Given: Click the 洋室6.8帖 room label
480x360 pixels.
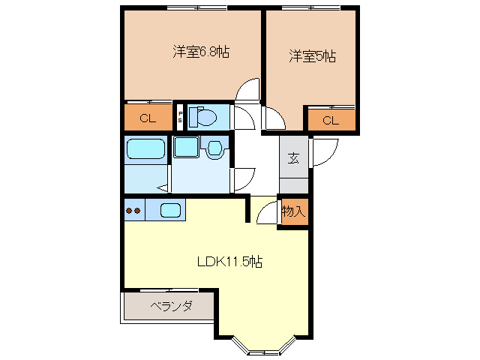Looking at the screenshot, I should [x=201, y=52].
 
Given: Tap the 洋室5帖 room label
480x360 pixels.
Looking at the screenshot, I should [x=312, y=55].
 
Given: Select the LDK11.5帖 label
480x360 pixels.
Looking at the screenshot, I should [x=229, y=262].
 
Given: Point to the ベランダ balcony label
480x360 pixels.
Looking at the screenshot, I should [x=171, y=307].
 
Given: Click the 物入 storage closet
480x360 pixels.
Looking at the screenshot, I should [x=293, y=212].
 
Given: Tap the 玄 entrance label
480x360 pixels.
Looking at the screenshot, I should [x=293, y=157].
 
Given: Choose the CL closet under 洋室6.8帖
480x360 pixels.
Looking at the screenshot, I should [x=147, y=118].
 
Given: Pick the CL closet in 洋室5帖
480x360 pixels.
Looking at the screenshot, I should [x=330, y=120].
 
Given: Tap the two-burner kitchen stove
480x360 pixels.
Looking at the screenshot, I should [x=133, y=211].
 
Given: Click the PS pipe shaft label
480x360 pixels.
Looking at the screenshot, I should [x=180, y=117].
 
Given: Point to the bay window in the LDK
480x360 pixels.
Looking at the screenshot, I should [x=264, y=346].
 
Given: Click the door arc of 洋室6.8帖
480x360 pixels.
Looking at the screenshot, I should [x=245, y=92].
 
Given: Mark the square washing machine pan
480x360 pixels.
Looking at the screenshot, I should [x=186, y=147].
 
